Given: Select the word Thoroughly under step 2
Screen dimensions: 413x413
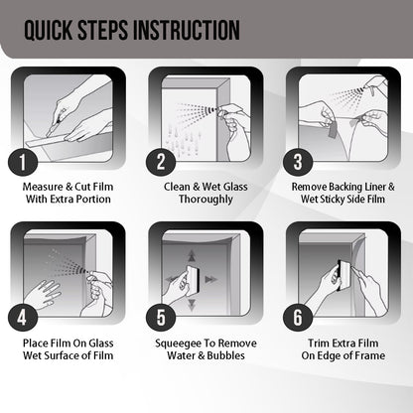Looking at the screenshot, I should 206,200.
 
